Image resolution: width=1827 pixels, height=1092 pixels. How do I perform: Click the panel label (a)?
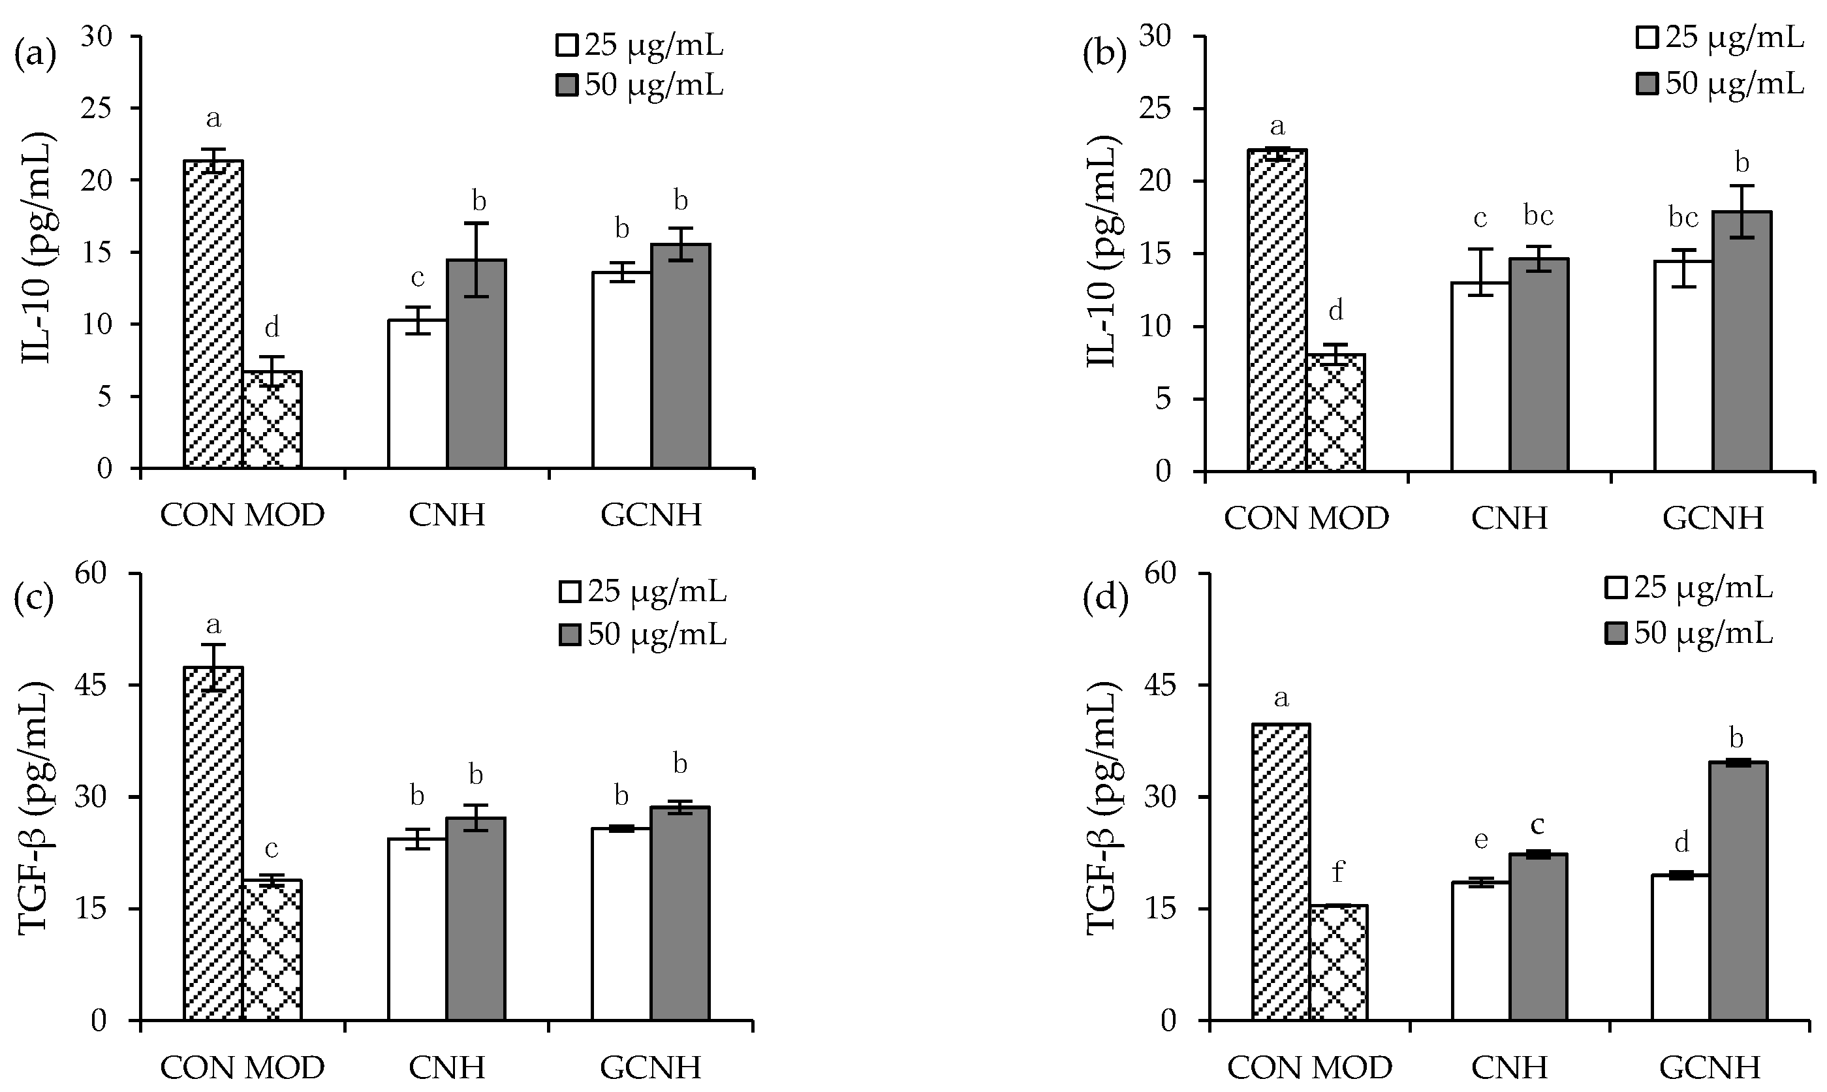coord(35,55)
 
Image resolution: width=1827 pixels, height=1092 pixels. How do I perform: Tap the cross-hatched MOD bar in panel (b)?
coord(1335,413)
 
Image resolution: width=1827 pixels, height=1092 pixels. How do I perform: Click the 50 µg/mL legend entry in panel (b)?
coord(1723,83)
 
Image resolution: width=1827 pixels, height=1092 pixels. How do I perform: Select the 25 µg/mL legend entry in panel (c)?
coord(644,591)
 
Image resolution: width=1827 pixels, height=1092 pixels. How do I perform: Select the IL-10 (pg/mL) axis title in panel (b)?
coord(1101,253)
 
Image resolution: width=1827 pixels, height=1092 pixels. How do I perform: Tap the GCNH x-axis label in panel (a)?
coord(651,515)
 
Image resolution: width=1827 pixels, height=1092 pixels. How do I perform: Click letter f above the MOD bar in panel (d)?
coord(1337,873)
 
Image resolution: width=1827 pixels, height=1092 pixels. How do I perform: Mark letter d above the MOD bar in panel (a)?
coord(272,328)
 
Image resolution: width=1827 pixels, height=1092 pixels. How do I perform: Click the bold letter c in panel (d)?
coord(1537,825)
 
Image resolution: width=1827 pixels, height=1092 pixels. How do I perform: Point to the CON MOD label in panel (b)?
coord(1306,518)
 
